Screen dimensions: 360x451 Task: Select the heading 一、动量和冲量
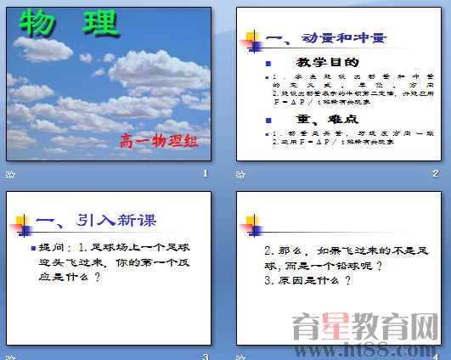tap(325, 39)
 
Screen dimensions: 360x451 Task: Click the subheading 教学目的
tap(327, 63)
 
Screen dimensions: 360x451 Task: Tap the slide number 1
tap(205, 174)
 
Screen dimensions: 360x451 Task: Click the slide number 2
tap(435, 174)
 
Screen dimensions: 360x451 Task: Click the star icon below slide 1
tap(10, 174)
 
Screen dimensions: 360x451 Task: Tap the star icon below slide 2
tap(240, 174)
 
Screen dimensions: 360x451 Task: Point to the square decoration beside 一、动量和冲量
tap(252, 40)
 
